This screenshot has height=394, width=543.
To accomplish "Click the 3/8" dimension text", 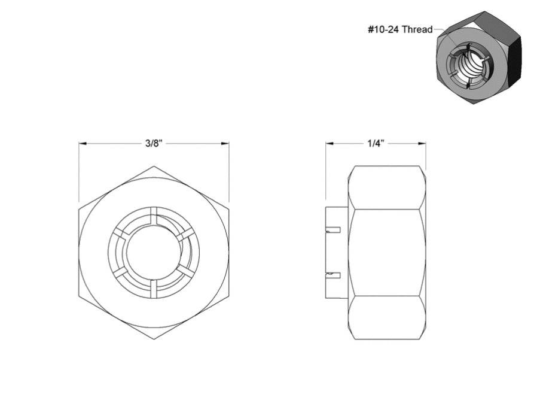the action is pos(154,143).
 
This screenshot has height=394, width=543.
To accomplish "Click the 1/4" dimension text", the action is pos(376,143).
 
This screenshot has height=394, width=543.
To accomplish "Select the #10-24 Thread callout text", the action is pos(400,29).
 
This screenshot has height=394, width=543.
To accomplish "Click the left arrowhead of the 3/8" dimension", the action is pos(83,143).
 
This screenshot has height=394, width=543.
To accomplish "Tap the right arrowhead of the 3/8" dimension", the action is pos(225,143).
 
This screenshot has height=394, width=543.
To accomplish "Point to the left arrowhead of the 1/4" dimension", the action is pos(330,143).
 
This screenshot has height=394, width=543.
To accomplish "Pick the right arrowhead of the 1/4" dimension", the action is pos(422,143).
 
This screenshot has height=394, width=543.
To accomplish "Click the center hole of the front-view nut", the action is pos(154,253).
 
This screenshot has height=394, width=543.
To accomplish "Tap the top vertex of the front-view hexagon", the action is pos(154,166).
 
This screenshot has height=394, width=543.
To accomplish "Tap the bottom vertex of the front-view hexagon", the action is pos(154,339).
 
